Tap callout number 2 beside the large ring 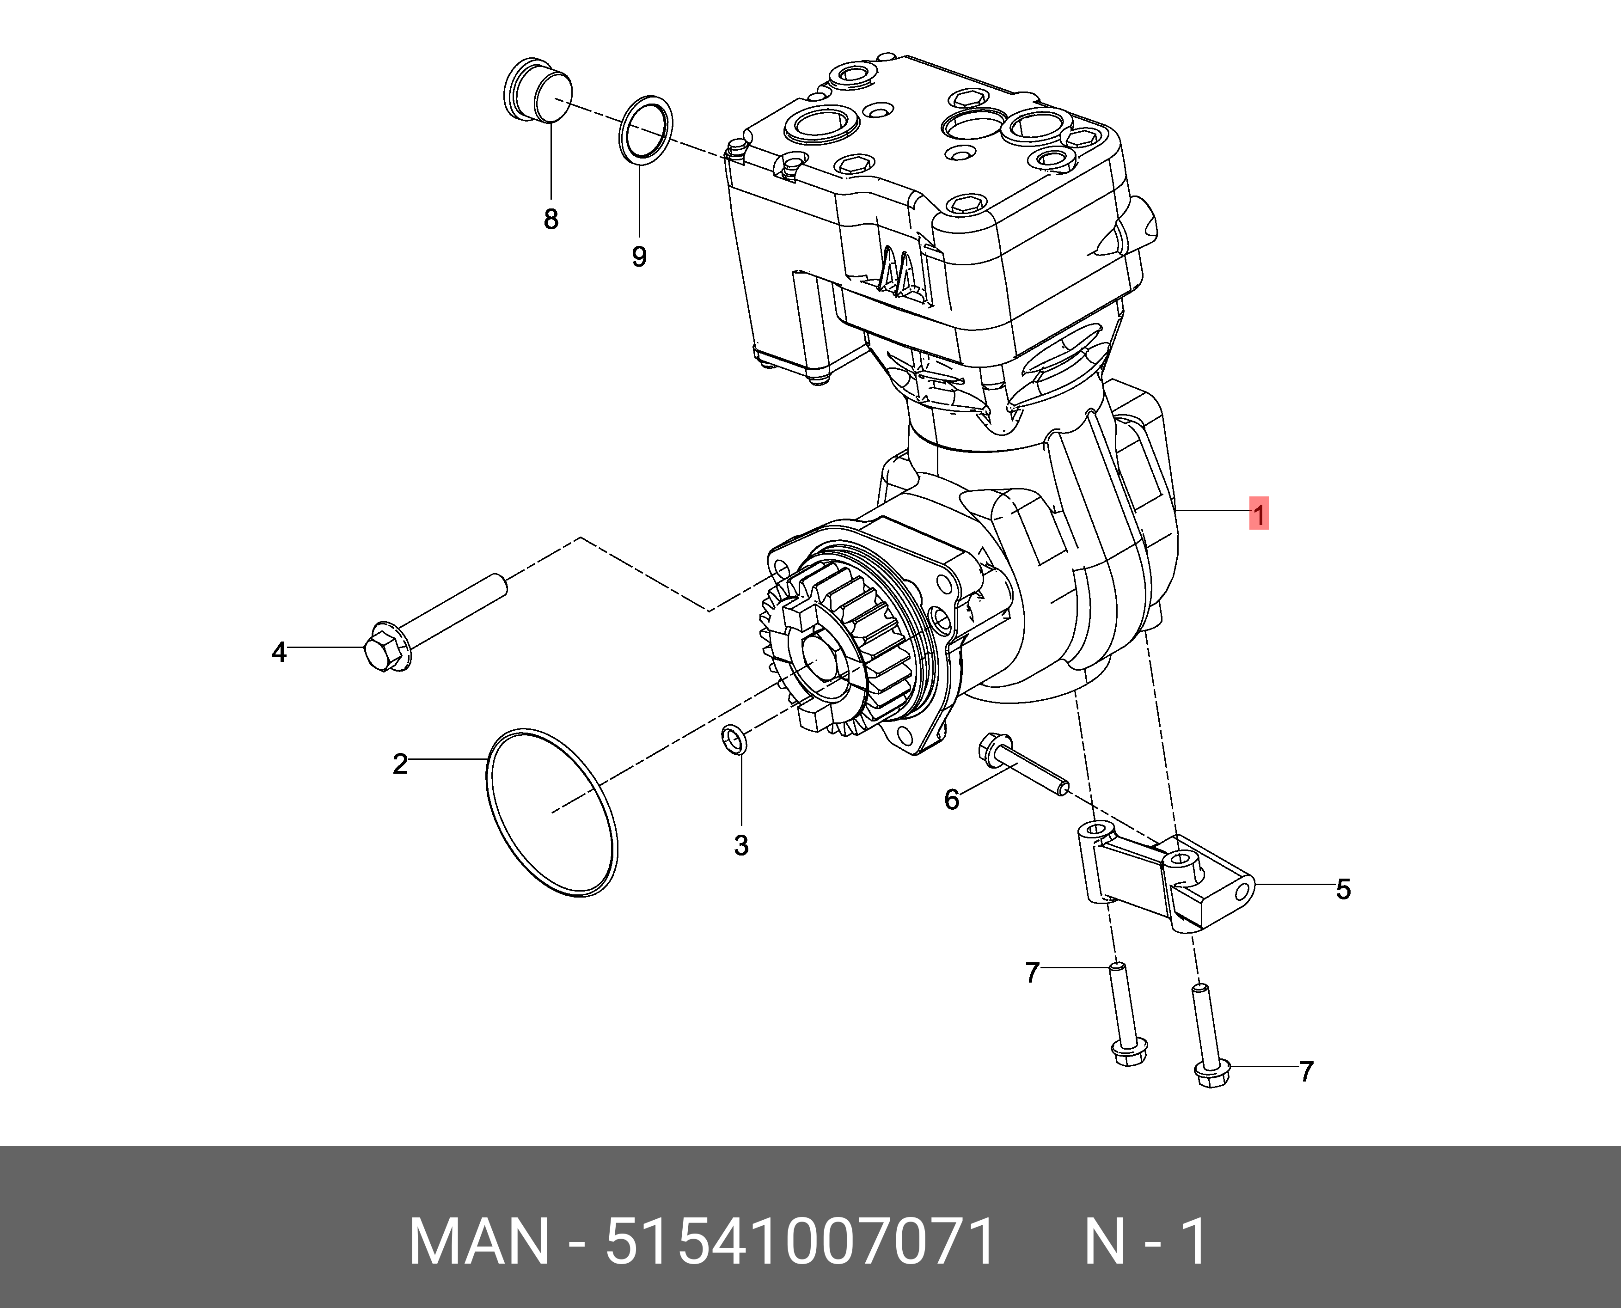[x=400, y=764]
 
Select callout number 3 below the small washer [x=741, y=845]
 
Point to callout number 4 [x=279, y=652]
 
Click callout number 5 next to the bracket [x=1344, y=889]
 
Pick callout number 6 [x=952, y=800]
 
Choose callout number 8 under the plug [x=551, y=219]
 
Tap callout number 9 [x=639, y=257]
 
